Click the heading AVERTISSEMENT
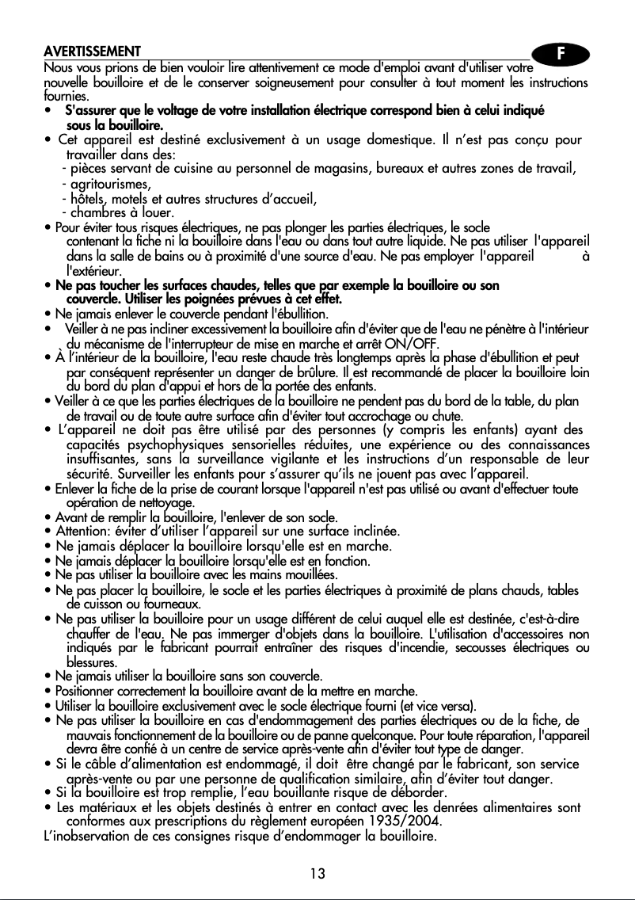point(93,52)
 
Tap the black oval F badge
point(561,55)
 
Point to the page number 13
point(317,874)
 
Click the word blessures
point(91,662)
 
